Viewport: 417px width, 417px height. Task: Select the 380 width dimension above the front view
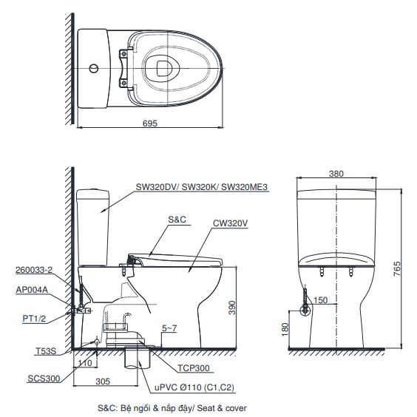pyautogui.click(x=336, y=174)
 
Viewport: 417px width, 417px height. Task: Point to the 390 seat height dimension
pyautogui.click(x=232, y=307)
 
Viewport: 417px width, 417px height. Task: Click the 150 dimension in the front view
pyautogui.click(x=321, y=300)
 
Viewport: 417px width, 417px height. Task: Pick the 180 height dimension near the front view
pyautogui.click(x=286, y=329)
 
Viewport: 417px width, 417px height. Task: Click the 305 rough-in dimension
pyautogui.click(x=103, y=382)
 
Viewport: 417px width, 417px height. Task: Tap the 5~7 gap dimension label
pyautogui.click(x=169, y=327)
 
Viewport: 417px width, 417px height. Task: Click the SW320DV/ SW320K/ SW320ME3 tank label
pyautogui.click(x=199, y=187)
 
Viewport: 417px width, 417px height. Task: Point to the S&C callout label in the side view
pyautogui.click(x=177, y=220)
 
